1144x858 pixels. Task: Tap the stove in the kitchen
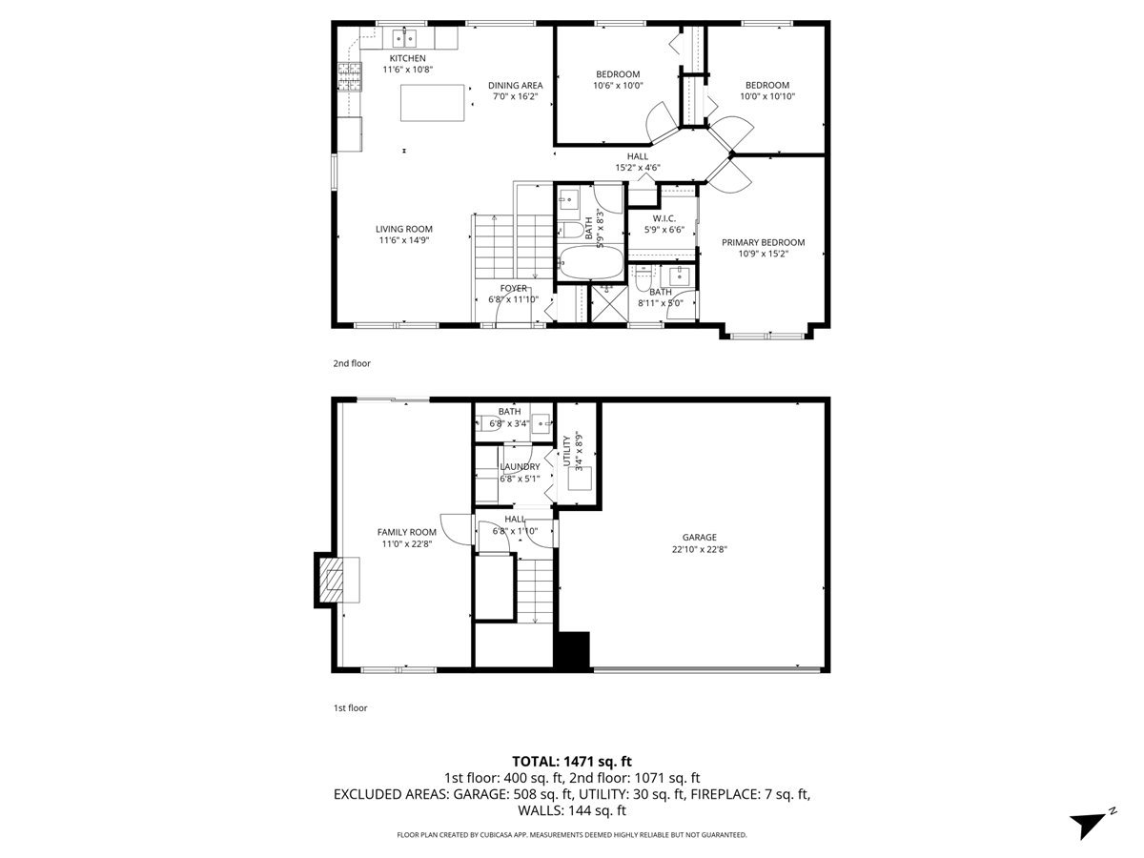350,75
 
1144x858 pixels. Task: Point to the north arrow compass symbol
1091,822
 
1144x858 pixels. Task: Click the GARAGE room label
699,537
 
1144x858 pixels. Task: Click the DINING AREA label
515,85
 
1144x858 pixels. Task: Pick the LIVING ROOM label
403,229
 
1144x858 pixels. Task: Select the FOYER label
513,288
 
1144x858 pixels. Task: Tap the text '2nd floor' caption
352,363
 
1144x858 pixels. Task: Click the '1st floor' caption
350,708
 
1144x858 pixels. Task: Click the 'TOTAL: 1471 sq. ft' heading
572,761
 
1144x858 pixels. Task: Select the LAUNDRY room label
520,466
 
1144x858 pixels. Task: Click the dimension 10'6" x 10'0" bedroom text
618,85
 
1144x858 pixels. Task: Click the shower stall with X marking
605,302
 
